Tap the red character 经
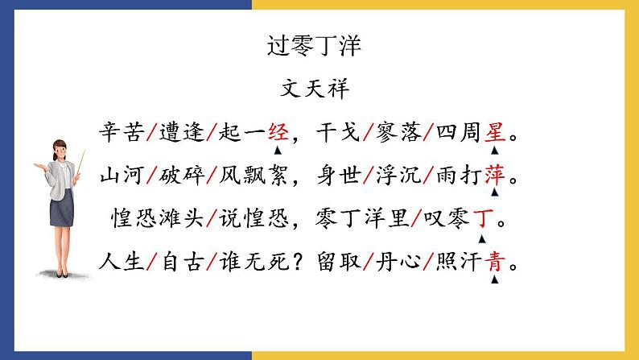click(278, 130)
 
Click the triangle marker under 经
click(278, 150)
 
